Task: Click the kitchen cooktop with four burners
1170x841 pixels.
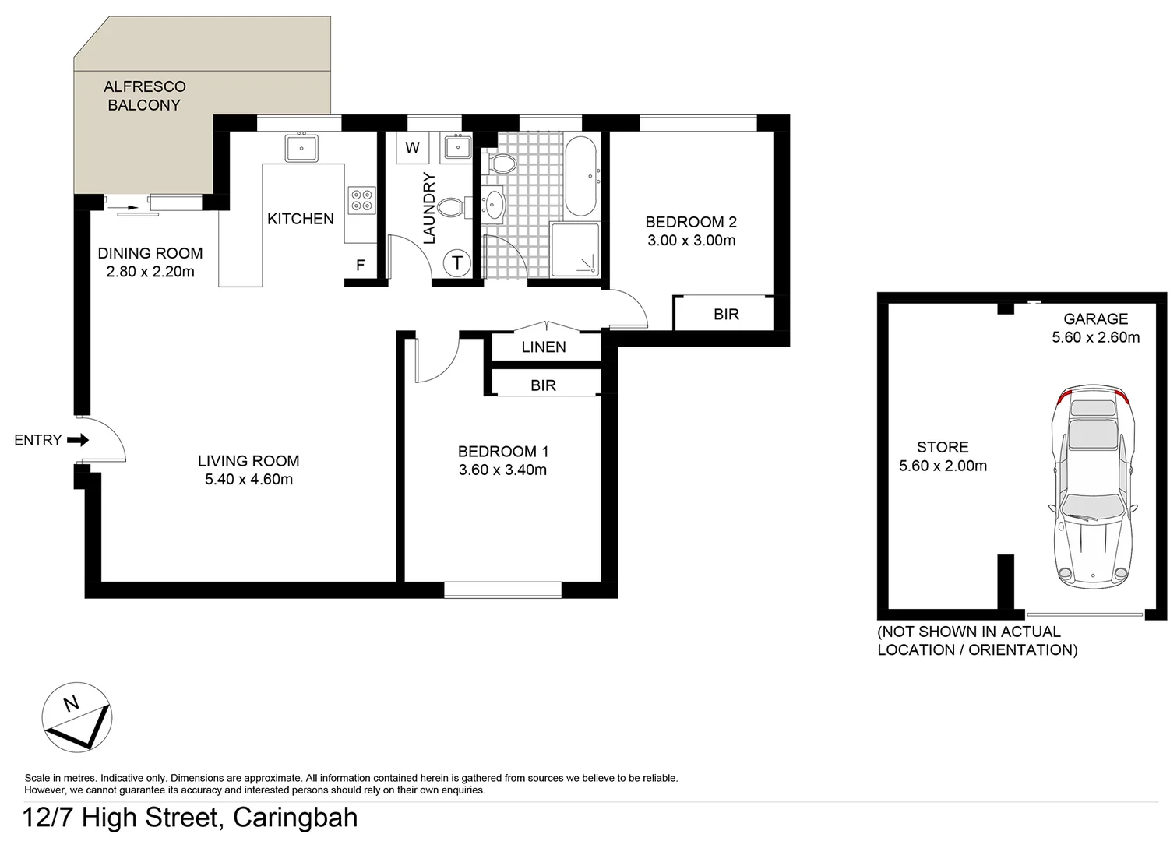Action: [x=361, y=199]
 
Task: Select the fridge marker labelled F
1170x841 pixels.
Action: [x=361, y=266]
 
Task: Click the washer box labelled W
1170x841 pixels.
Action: [x=412, y=148]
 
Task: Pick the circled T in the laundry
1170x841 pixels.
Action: [x=457, y=263]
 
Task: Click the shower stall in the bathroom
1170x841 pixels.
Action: [x=576, y=250]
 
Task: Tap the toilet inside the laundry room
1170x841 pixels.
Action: [x=451, y=207]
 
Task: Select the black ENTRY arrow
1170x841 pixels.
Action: [x=78, y=440]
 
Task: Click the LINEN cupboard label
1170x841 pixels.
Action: [x=544, y=347]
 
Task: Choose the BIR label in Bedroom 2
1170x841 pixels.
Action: [x=726, y=315]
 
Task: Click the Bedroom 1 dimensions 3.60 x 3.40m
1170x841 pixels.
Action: [x=502, y=470]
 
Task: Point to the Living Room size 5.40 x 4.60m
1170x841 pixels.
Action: [x=248, y=480]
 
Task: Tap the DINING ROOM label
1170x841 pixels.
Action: [x=150, y=253]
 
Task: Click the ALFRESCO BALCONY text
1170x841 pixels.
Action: [x=144, y=96]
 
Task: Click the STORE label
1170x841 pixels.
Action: [x=943, y=447]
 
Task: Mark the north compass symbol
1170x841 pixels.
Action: [x=76, y=717]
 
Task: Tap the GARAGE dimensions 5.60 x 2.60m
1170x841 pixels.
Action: [x=1095, y=337]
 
